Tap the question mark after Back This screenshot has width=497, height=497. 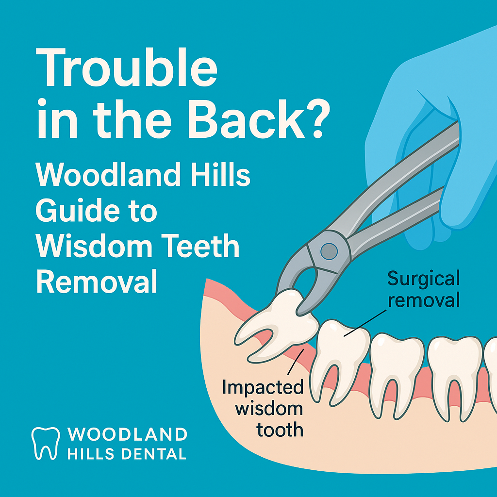[x=311, y=118]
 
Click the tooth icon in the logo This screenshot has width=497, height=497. [x=46, y=443]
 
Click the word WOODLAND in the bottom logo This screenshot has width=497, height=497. [x=127, y=433]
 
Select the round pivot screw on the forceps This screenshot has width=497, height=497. [x=330, y=250]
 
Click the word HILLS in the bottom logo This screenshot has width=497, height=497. [x=91, y=454]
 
